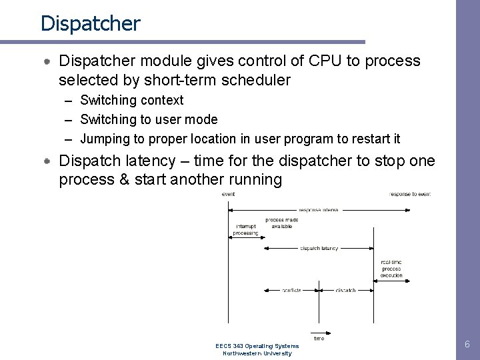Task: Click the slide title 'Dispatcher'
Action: coord(90,23)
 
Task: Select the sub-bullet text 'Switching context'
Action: coord(132,101)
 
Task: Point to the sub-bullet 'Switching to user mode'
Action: coord(149,120)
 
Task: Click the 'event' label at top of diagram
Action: coord(228,194)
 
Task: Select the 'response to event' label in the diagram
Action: coord(410,194)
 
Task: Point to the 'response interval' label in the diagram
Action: coord(319,210)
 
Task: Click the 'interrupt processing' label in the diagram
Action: coord(245,230)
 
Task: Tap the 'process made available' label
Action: coord(281,223)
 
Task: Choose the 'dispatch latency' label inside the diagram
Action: coord(319,249)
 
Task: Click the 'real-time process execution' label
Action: coord(391,268)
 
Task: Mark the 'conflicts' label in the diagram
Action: coord(291,291)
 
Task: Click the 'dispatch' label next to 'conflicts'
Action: coord(345,291)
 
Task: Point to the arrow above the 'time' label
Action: coord(319,331)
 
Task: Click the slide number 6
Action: coord(467,345)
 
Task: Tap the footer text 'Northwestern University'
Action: coord(257,353)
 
